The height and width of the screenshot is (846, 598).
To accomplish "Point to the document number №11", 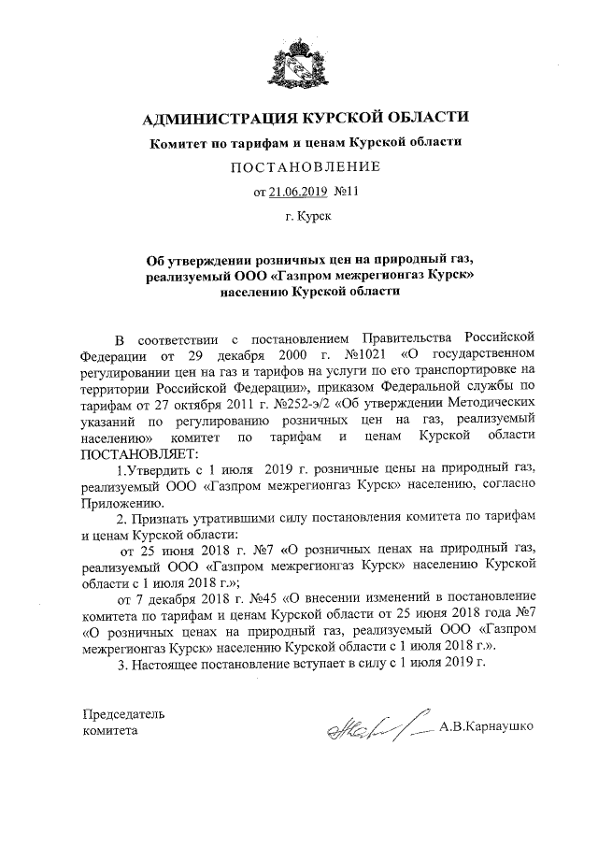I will (x=346, y=193).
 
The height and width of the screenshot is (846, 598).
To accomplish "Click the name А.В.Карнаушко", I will (x=486, y=726).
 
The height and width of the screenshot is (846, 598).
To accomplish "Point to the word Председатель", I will (x=124, y=713).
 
